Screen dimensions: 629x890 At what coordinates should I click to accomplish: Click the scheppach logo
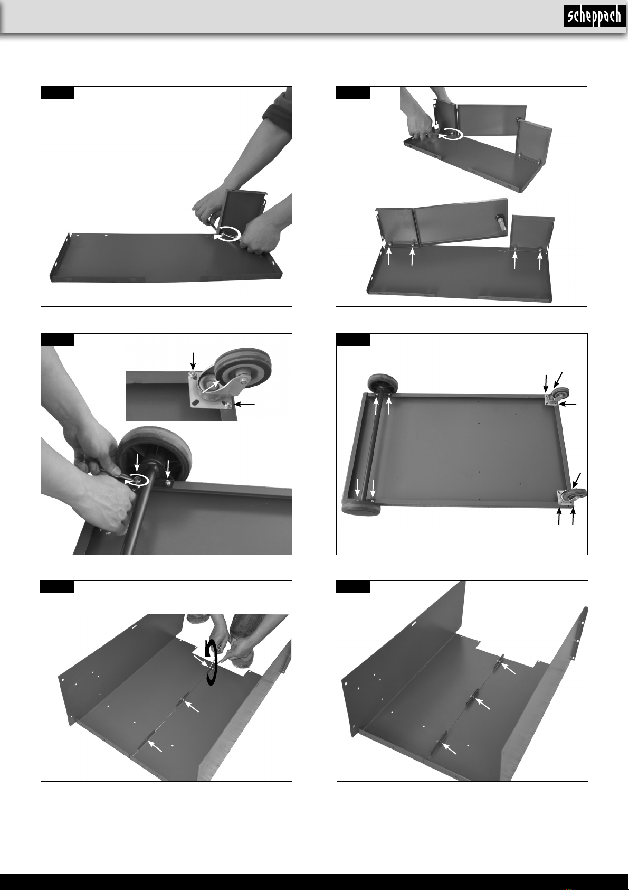[x=594, y=16]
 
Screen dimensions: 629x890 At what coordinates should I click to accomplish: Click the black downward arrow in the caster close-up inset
[x=193, y=361]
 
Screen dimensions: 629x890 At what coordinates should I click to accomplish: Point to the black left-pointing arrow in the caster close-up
[x=245, y=404]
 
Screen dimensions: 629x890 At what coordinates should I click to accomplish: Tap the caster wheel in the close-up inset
[x=243, y=367]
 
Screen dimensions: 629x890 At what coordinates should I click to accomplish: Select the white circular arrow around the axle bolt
[x=139, y=481]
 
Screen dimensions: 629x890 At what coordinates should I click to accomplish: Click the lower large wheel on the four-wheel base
[x=361, y=509]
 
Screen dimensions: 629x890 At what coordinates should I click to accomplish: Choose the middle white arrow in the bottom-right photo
[x=482, y=704]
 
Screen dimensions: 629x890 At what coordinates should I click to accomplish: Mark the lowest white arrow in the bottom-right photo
[x=449, y=748]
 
